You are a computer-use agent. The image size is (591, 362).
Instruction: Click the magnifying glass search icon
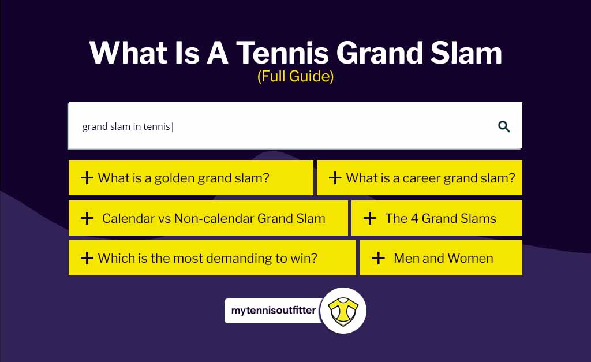pos(504,126)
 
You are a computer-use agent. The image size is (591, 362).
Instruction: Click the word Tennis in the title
pos(282,53)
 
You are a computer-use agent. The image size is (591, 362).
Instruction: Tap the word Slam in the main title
pos(466,53)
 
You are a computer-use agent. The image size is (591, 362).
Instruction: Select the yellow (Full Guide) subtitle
pos(295,76)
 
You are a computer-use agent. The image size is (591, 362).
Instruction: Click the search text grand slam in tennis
pos(126,126)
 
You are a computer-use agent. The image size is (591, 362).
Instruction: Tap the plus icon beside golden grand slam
pos(87,178)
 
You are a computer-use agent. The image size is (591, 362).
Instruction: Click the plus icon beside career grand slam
pos(335,178)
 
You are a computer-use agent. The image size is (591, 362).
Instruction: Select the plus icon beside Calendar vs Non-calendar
pos(87,218)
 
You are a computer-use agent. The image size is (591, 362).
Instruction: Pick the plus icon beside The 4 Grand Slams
pos(370,218)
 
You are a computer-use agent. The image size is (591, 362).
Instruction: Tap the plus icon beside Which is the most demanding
pos(87,258)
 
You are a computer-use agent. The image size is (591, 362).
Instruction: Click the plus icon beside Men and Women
pos(379,258)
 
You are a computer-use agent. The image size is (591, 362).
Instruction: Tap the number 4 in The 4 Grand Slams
pos(414,218)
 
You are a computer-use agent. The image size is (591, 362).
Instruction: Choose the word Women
pos(470,258)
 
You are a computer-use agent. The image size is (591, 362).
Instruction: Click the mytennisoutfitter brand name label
pos(273,311)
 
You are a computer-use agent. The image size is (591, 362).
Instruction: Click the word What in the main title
pos(128,53)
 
